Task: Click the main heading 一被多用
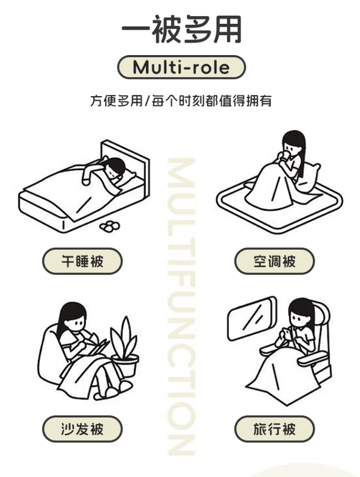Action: (182, 29)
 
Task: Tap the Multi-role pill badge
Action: (182, 67)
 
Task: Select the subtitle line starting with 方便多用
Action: (181, 100)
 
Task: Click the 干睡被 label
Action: (82, 261)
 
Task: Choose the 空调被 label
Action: (274, 261)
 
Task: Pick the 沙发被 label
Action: (82, 429)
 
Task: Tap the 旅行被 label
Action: (274, 429)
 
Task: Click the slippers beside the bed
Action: (110, 226)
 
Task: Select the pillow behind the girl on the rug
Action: (308, 177)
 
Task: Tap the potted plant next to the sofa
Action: (124, 347)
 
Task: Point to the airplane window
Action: (252, 318)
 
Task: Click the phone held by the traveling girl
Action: (285, 333)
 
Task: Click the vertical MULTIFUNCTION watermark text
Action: (182, 306)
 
